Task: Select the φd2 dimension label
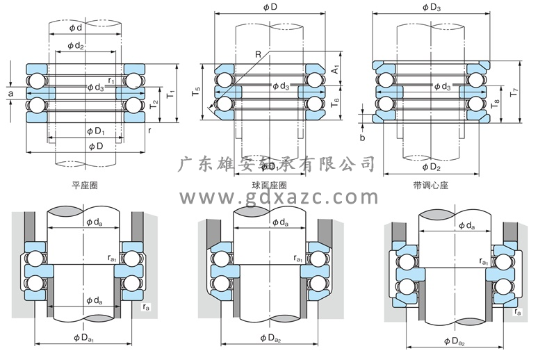click(x=76, y=47)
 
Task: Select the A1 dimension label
click(x=335, y=70)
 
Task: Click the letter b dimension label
click(x=362, y=138)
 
